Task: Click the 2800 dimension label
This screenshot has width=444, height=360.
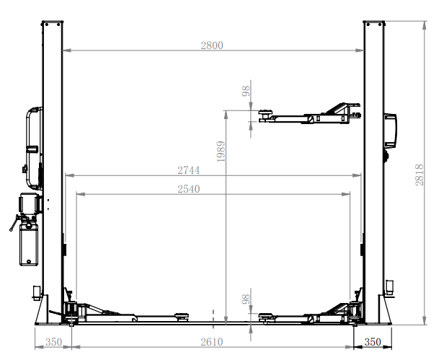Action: click(212, 45)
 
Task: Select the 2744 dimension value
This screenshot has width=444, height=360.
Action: click(188, 170)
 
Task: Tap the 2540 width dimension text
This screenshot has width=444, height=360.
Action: click(188, 189)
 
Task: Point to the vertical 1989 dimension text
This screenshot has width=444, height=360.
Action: click(221, 152)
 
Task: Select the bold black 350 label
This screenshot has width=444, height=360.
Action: click(373, 342)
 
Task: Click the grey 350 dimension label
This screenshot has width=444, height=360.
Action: click(53, 342)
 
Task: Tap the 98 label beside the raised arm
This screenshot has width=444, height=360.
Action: click(246, 91)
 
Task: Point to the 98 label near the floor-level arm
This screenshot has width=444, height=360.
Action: click(246, 299)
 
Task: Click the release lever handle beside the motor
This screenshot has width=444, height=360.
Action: click(14, 224)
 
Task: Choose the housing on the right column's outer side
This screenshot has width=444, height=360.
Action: click(391, 127)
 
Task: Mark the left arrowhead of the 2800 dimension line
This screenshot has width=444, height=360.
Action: click(66, 51)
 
